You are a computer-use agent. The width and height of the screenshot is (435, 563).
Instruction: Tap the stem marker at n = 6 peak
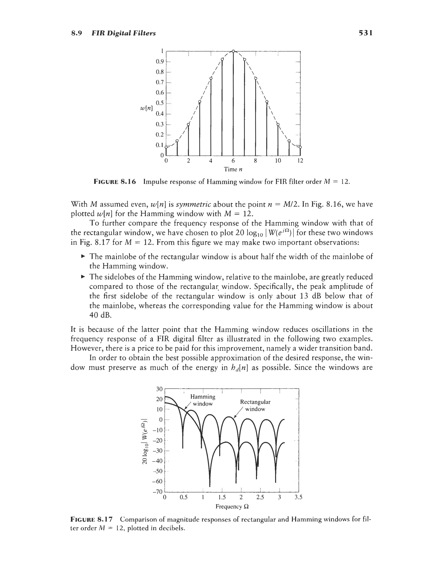pyautogui.click(x=233, y=51)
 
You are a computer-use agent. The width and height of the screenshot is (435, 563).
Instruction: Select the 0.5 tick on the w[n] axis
pyautogui.click(x=160, y=103)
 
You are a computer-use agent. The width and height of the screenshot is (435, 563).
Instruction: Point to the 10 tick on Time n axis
pyautogui.click(x=278, y=161)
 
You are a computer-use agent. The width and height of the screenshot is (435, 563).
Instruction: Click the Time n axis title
pyautogui.click(x=233, y=169)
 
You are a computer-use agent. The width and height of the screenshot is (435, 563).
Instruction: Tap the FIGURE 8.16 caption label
pyautogui.click(x=114, y=182)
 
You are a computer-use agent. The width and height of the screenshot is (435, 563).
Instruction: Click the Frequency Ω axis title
pyautogui.click(x=232, y=506)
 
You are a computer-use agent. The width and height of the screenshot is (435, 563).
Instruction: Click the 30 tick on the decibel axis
pyautogui.click(x=160, y=389)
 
